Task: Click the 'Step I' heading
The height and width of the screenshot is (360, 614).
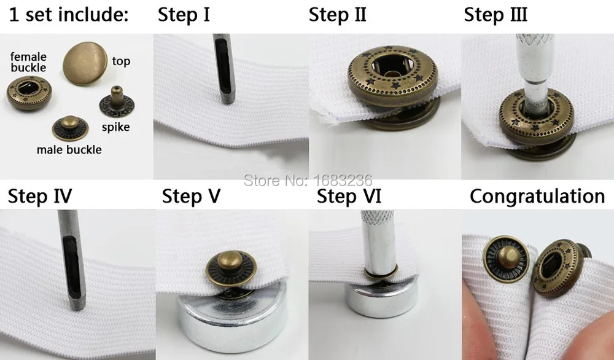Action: (x=184, y=15)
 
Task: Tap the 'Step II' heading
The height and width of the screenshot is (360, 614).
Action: (x=337, y=15)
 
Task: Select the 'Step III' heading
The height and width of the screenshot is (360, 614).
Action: (x=495, y=15)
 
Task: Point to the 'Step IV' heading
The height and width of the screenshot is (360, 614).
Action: (x=39, y=196)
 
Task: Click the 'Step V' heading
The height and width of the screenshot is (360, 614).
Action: (x=191, y=196)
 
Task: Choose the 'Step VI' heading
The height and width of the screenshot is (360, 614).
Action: (x=349, y=196)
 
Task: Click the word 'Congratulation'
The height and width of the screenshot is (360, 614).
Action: (x=537, y=196)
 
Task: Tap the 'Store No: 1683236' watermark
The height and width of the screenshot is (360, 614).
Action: (x=308, y=180)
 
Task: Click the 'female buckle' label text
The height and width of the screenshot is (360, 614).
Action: (x=28, y=62)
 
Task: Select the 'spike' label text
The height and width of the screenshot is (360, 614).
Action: (x=115, y=127)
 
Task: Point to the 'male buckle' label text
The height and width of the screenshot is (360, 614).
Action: (x=69, y=150)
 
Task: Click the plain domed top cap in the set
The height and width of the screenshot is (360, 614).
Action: (x=85, y=63)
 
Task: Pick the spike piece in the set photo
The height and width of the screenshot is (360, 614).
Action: (x=116, y=102)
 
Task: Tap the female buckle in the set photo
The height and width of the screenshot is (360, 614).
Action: (x=29, y=93)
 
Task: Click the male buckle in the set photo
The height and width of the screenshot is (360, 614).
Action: (x=70, y=128)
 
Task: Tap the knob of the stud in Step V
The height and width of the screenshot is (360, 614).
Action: (x=230, y=260)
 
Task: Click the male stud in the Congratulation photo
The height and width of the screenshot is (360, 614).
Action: (x=506, y=259)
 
